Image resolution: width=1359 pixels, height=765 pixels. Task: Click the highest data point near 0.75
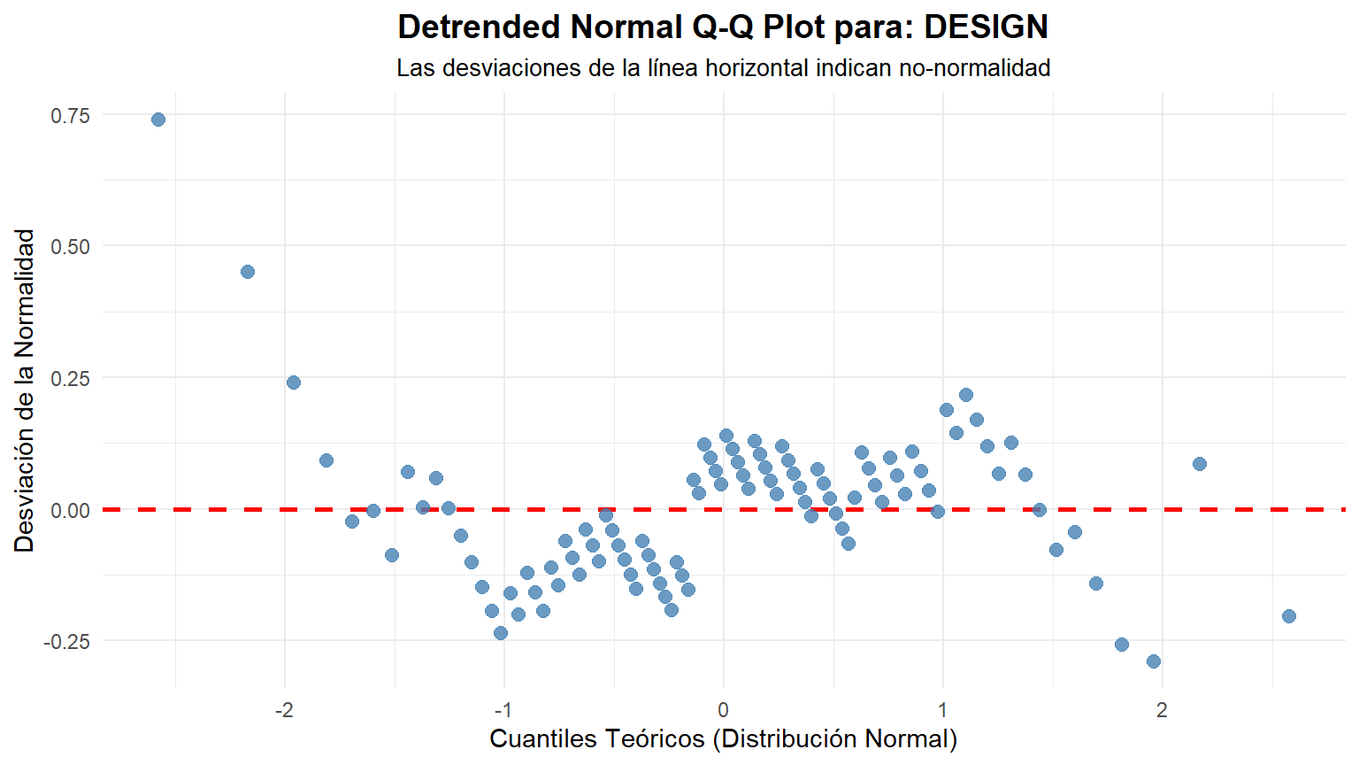tap(158, 120)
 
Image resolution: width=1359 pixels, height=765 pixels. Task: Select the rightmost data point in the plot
tap(1289, 616)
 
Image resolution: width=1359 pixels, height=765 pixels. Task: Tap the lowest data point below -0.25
tap(1154, 661)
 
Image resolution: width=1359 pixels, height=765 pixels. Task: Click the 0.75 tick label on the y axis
tap(71, 115)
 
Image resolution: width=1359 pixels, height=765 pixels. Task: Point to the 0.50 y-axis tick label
tap(71, 246)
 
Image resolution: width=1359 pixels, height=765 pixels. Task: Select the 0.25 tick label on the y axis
tap(71, 378)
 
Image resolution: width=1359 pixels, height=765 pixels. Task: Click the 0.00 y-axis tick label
tap(71, 510)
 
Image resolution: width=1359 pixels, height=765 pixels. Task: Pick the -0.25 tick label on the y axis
tap(67, 641)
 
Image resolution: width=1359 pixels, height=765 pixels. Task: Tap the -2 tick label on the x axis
tap(284, 710)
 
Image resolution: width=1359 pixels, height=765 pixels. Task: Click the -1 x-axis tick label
tap(503, 710)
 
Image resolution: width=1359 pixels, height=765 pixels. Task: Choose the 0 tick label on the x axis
tap(724, 710)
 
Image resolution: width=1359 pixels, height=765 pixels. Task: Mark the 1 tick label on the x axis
tap(943, 710)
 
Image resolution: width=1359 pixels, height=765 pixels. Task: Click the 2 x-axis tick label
tap(1163, 710)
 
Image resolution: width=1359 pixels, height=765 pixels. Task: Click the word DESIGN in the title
tap(986, 27)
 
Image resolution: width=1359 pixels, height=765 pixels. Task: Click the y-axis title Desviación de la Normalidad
tap(25, 390)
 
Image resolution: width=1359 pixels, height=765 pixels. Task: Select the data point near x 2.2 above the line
tap(1200, 464)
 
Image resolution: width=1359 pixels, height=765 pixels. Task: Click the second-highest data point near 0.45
tap(248, 272)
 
